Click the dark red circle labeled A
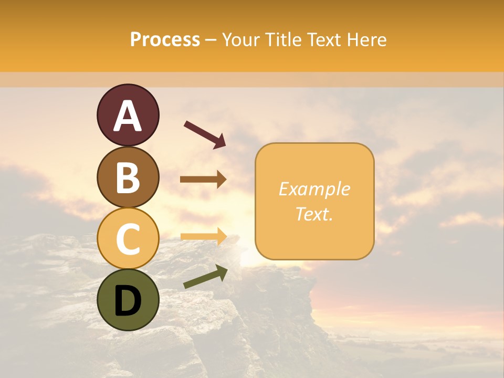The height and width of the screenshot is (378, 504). [x=128, y=115]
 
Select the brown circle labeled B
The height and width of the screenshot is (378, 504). [x=128, y=177]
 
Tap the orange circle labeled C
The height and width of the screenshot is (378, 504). [x=128, y=238]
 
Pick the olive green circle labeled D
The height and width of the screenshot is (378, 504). [x=128, y=300]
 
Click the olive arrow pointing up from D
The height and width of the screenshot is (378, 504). [x=205, y=277]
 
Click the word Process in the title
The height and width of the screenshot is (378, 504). [x=165, y=39]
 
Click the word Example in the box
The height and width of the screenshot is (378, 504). [x=314, y=189]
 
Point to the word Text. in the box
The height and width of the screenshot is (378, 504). [x=314, y=214]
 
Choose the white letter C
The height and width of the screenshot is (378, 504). [x=128, y=239]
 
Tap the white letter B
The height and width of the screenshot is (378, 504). [x=128, y=177]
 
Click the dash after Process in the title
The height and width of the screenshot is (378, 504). [x=211, y=40]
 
